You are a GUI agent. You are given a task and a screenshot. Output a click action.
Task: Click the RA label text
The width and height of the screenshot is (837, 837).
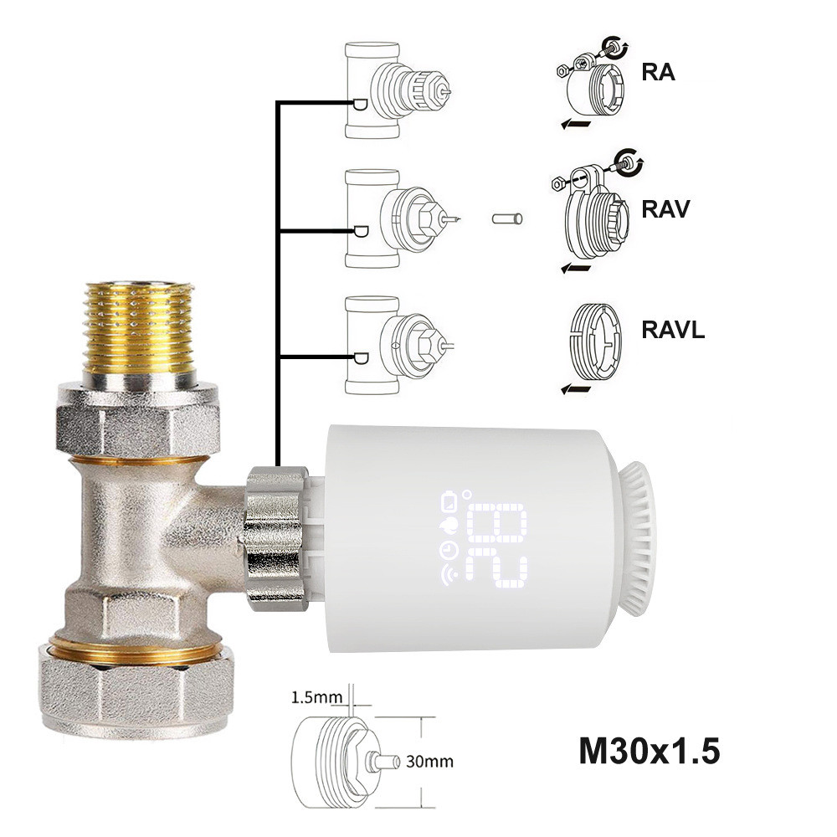click(x=658, y=72)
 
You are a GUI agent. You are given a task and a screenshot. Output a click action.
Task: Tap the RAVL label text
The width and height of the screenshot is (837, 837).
click(x=673, y=329)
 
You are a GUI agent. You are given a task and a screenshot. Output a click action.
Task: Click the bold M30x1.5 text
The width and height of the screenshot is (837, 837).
click(x=649, y=751)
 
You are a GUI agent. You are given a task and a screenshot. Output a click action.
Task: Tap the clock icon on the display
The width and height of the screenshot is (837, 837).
click(x=447, y=550)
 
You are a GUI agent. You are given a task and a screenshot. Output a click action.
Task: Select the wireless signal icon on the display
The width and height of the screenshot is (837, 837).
click(x=447, y=575)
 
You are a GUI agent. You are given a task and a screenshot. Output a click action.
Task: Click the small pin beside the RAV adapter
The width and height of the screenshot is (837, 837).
click(x=507, y=219)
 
